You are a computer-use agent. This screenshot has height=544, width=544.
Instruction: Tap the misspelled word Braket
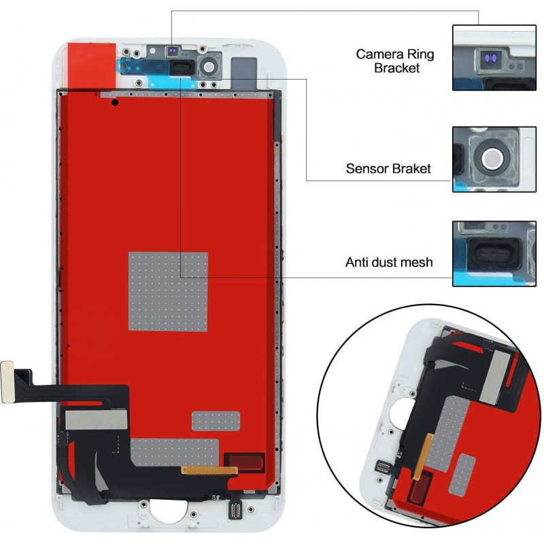click(x=410, y=169)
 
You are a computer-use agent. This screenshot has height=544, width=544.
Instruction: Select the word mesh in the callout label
click(x=415, y=262)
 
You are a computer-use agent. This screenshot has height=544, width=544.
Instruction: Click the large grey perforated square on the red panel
click(x=168, y=291)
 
